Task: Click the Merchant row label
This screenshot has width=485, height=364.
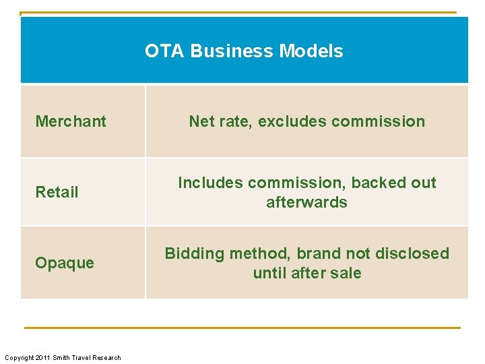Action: (71, 121)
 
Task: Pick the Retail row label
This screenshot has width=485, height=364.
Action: (57, 192)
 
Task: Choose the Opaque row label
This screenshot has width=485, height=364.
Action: (65, 263)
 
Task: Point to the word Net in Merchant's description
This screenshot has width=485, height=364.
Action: (201, 121)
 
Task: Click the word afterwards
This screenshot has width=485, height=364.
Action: (306, 202)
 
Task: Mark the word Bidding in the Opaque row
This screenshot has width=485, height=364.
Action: (194, 253)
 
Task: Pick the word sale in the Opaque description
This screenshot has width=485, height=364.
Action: (346, 273)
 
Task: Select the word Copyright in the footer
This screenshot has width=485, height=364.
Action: (19, 357)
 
